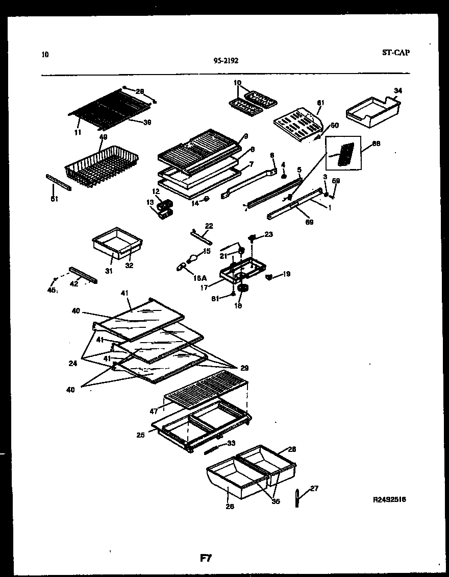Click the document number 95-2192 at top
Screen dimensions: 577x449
click(226, 60)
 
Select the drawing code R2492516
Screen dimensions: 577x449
click(389, 500)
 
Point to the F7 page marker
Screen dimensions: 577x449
click(206, 558)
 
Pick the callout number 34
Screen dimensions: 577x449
click(398, 91)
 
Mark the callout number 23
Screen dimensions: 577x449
click(268, 235)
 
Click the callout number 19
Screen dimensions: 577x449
click(286, 274)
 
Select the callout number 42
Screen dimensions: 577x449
click(74, 284)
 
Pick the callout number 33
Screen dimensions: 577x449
click(231, 443)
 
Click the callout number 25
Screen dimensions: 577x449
click(140, 435)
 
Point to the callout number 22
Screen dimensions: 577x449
click(209, 226)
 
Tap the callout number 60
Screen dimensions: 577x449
click(335, 125)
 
